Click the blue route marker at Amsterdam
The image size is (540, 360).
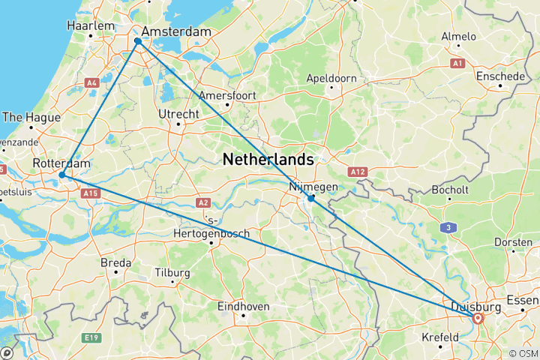click(x=138, y=42)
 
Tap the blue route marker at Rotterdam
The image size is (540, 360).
click(x=62, y=175)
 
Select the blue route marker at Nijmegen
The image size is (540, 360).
click(x=311, y=199)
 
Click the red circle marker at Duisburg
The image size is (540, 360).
click(x=478, y=318)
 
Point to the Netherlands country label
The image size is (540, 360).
click(x=268, y=160)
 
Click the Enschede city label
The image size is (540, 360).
click(x=500, y=76)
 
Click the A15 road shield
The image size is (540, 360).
click(x=90, y=194)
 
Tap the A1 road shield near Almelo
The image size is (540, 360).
click(x=457, y=64)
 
